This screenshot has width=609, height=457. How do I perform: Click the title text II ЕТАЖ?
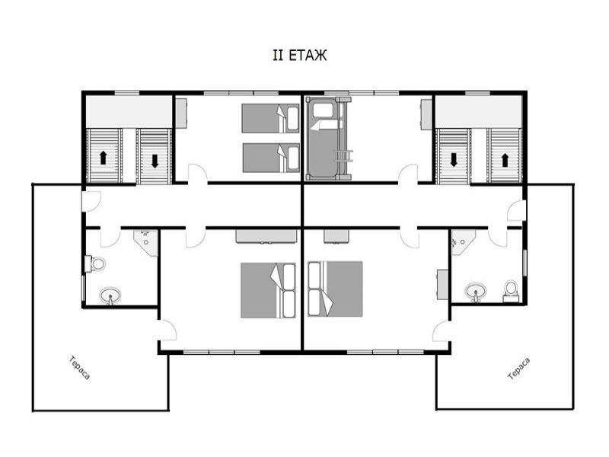tap(299, 55)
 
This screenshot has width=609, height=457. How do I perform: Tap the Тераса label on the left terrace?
tap(80, 368)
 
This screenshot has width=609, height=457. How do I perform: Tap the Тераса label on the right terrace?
tap(519, 369)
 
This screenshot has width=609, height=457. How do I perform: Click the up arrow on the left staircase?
tap(103, 158)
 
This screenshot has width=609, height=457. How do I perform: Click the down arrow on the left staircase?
tap(155, 161)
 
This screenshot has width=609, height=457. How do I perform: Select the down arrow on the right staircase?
tap(453, 160)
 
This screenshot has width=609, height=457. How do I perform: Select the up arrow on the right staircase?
tap(505, 160)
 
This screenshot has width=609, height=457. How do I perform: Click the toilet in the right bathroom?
tap(511, 291)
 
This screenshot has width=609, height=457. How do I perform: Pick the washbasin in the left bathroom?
tap(110, 296)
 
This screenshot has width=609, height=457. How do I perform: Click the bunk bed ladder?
tap(344, 156)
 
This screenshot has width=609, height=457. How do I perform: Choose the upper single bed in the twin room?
tap(271, 118)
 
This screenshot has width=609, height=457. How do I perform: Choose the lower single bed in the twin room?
tap(271, 158)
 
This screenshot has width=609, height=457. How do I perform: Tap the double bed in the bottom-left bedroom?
tap(269, 290)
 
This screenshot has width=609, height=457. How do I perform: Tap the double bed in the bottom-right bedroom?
tap(335, 289)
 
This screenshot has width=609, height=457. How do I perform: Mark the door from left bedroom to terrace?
tap(167, 331)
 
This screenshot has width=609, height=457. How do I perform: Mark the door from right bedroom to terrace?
tap(442, 331)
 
